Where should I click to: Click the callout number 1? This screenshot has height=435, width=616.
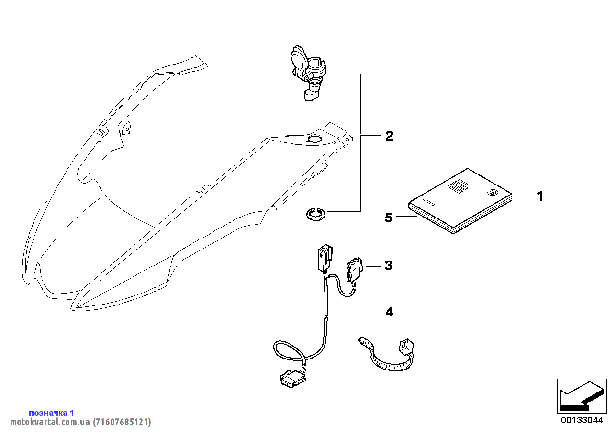pyautogui.click(x=539, y=196)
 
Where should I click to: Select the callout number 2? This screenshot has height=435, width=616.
pyautogui.click(x=389, y=136)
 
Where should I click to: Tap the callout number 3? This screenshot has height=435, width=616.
pyautogui.click(x=388, y=265)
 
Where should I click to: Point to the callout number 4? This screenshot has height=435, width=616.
pyautogui.click(x=389, y=312)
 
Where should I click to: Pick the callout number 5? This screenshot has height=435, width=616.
pyautogui.click(x=389, y=217)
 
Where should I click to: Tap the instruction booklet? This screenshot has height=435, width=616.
pyautogui.click(x=459, y=201)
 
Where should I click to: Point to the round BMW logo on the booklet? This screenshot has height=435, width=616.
pyautogui.click(x=491, y=193)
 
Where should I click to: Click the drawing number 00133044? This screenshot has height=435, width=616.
pyautogui.click(x=582, y=420)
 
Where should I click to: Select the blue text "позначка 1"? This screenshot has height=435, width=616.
pyautogui.click(x=52, y=413)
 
